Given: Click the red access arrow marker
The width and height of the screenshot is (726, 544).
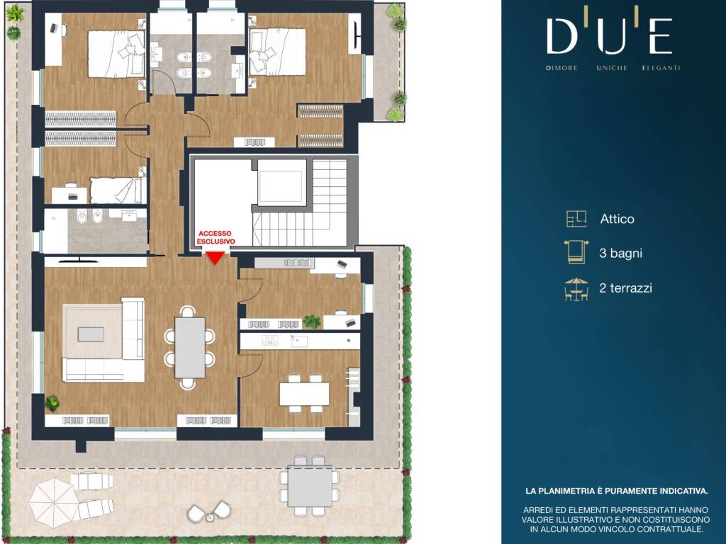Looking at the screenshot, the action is click(x=216, y=258).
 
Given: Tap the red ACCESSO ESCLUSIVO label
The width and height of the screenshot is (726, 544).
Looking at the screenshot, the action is click(x=216, y=237).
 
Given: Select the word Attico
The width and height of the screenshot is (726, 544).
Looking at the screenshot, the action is click(x=618, y=219).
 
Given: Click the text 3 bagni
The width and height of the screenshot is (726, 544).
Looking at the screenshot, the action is click(x=620, y=253).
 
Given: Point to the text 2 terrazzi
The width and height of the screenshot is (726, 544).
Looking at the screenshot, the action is click(x=625, y=288).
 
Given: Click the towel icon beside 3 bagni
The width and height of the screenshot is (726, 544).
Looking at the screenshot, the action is click(x=576, y=252).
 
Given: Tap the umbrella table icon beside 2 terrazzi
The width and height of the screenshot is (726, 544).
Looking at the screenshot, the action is click(x=576, y=289).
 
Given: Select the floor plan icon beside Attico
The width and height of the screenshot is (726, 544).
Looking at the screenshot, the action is click(x=576, y=218).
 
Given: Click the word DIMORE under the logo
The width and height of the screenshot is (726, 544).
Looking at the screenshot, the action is click(x=562, y=68).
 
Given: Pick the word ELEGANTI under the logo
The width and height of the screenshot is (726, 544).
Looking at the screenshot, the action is click(x=661, y=68).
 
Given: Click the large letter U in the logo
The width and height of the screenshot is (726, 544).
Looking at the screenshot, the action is click(x=612, y=35).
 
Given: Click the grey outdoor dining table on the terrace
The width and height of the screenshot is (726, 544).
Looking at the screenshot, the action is click(x=310, y=487).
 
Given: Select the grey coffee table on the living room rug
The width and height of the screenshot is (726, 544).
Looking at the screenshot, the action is click(x=91, y=334).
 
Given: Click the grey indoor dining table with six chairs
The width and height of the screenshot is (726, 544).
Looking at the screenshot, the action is click(x=190, y=347).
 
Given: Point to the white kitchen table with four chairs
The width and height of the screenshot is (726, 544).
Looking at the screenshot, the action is click(x=303, y=394).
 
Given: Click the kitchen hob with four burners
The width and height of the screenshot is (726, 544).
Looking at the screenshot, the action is click(x=270, y=341).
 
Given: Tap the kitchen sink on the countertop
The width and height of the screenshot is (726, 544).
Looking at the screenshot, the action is click(x=299, y=341).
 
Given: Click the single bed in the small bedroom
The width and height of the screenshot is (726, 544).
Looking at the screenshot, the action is click(x=116, y=190).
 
